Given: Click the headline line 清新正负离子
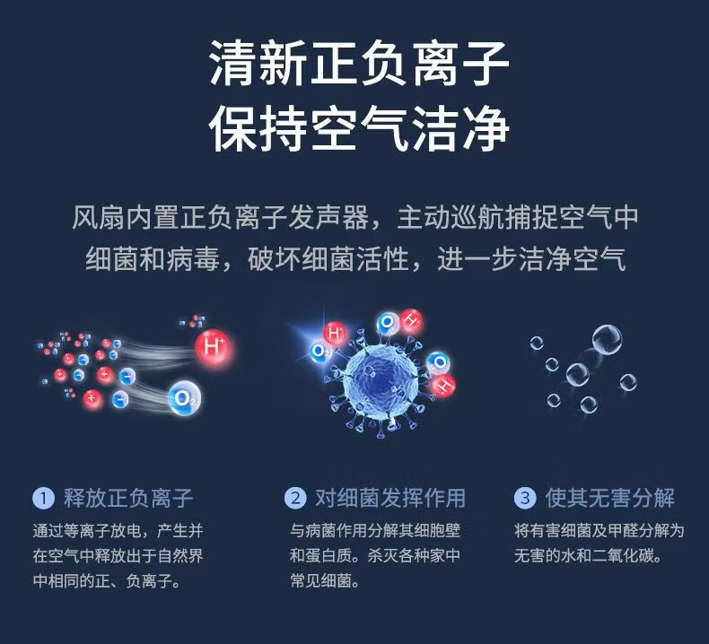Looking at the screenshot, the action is [360, 64].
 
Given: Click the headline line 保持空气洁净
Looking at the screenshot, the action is [360, 129].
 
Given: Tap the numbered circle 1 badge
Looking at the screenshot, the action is [43, 498].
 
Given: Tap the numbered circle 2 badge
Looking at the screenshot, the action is [295, 498].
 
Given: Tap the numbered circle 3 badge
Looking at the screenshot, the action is [525, 498].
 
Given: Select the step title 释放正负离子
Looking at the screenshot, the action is [128, 498].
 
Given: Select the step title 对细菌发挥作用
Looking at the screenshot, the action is [390, 498].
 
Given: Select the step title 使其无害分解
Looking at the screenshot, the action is [609, 498].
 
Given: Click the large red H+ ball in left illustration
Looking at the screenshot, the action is [213, 347].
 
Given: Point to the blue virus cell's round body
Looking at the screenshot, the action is [381, 384].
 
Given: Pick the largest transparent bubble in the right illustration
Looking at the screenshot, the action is [607, 340].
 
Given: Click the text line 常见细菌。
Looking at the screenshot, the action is [325, 580].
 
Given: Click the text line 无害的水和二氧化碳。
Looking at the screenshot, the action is [588, 555].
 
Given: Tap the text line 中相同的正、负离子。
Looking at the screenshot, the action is [107, 580].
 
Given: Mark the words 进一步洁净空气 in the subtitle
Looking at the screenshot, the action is [531, 259].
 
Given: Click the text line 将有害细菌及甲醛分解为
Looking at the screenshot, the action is [600, 530].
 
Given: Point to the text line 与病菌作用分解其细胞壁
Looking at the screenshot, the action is [375, 530].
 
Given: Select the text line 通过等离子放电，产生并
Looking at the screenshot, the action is [118, 530].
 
